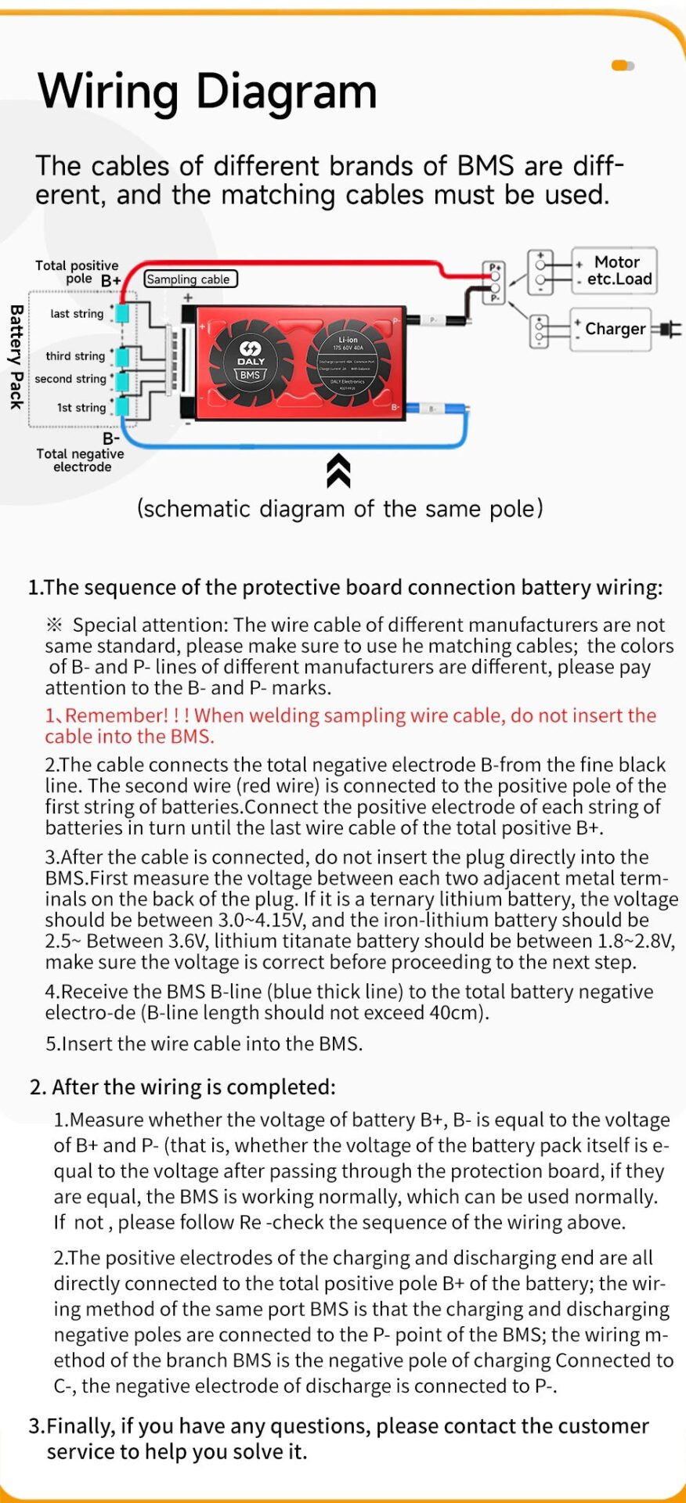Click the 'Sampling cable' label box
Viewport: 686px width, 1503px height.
[x=190, y=279]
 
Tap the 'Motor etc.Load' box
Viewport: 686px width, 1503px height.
[x=615, y=271]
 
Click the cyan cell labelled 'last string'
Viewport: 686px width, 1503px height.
[x=123, y=313]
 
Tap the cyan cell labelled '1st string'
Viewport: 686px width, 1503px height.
[x=123, y=407]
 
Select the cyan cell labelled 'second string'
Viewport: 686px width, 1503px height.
[x=123, y=380]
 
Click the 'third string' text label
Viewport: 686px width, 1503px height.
[x=75, y=356]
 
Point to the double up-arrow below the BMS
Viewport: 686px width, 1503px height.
[x=338, y=470]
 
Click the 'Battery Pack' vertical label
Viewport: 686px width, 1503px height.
[x=16, y=357]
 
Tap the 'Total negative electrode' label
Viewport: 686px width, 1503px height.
[x=80, y=460]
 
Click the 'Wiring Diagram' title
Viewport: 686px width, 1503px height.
[x=208, y=91]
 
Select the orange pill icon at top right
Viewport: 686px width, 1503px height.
[x=622, y=66]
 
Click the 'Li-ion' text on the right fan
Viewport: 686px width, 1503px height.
[x=348, y=340]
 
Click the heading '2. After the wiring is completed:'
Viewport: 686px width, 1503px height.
[x=183, y=1087]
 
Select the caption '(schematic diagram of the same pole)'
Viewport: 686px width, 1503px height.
[x=340, y=509]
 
